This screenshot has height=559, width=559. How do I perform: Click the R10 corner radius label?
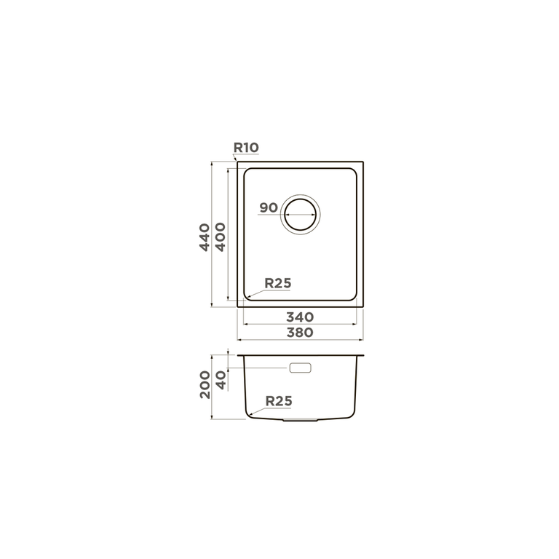coord(246,148)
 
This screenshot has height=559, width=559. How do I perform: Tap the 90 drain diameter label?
coord(268,207)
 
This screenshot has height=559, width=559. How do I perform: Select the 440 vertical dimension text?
coord(205,237)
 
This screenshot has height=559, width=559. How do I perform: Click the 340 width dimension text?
coord(299,317)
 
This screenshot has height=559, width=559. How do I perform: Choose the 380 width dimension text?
coord(299,332)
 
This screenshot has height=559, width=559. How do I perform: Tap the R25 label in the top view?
coord(278,284)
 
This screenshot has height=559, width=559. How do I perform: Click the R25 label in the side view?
coord(279,400)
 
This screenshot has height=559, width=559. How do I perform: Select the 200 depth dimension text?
coord(205,384)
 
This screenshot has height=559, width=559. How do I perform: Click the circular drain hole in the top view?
coord(301,213)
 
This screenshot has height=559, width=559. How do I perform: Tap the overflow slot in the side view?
coord(301,368)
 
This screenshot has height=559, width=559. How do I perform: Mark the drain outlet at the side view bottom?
coord(300,420)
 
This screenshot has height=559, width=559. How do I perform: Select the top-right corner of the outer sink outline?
coord(362,162)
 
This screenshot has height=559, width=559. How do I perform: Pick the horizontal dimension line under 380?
coord(301,340)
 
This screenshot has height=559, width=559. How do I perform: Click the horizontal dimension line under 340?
coord(299,325)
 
